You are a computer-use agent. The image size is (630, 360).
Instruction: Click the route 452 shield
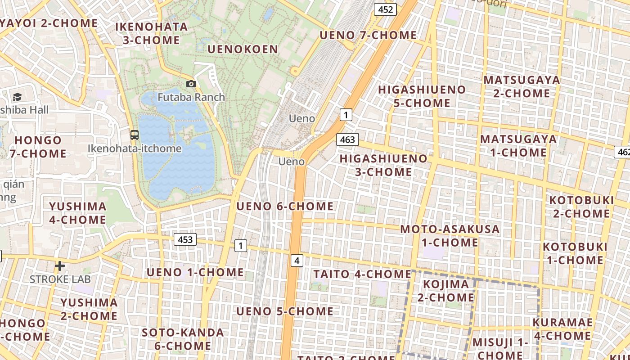click(385, 9)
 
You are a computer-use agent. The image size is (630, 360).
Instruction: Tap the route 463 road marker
click(347, 139)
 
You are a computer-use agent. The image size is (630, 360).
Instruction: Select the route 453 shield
click(185, 239)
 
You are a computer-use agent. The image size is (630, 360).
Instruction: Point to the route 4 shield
click(297, 260)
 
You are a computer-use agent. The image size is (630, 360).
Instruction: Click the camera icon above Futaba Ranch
click(191, 84)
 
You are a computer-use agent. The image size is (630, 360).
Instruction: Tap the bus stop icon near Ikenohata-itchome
click(134, 135)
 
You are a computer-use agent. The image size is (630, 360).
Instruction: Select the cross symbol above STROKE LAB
click(59, 266)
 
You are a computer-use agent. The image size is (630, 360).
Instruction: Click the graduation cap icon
click(17, 97)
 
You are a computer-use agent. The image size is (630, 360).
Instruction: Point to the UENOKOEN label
click(243, 49)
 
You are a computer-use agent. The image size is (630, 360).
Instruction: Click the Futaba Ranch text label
click(191, 97)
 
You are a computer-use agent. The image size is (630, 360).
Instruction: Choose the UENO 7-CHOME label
click(368, 35)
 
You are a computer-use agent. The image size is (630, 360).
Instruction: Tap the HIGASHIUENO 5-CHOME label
click(422, 96)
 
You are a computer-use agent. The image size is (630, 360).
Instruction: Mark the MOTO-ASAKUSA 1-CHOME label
click(450, 235)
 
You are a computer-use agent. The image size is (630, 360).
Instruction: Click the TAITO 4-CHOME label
click(362, 274)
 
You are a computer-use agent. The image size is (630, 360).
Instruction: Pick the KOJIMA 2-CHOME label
click(446, 291)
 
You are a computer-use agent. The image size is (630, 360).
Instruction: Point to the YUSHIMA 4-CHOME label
click(78, 213)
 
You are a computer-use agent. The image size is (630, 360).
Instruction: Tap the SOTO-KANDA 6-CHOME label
click(183, 339)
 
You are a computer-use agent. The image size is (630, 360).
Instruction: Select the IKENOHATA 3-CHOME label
click(152, 33)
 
